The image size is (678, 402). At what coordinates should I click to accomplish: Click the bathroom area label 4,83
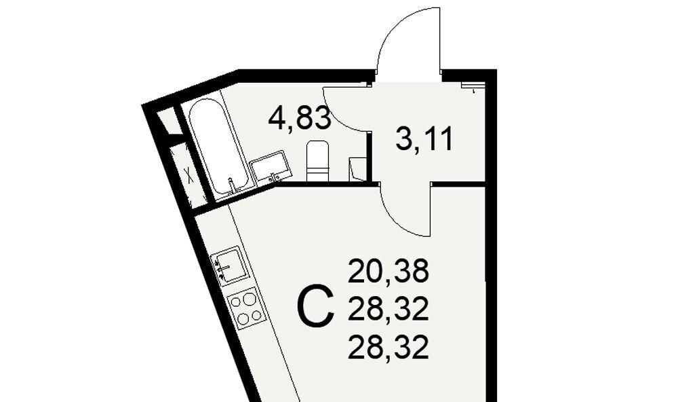coord(300,118)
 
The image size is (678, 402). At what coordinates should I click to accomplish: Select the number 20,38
coord(388,270)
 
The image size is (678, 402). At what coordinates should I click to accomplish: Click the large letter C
coord(316,306)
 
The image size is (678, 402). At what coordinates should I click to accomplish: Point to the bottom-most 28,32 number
coord(388,348)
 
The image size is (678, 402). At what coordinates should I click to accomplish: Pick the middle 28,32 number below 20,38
coord(388,309)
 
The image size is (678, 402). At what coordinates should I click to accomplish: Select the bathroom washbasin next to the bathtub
coord(271,167)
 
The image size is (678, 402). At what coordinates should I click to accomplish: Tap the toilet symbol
coord(317,161)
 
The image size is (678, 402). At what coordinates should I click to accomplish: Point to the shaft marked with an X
coord(188,175)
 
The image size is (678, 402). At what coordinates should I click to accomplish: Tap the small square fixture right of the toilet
coord(357,169)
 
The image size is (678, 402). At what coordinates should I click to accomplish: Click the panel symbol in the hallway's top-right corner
coord(473,86)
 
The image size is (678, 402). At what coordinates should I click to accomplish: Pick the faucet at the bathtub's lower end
coord(231,186)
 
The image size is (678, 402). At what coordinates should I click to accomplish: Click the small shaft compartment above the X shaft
coord(169,122)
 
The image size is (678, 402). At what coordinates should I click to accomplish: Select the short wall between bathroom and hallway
coord(370,156)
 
